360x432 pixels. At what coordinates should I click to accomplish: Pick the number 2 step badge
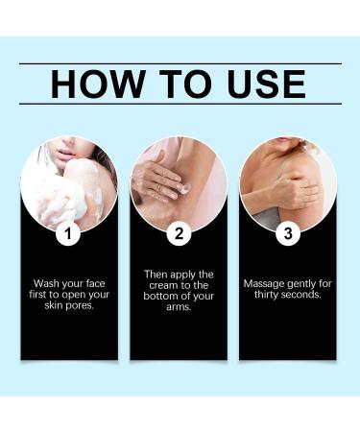pyautogui.click(x=178, y=233)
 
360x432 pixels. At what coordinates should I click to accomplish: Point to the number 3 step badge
pyautogui.click(x=287, y=233)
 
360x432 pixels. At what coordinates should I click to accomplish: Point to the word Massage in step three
pyautogui.click(x=263, y=284)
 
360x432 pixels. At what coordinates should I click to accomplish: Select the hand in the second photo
pyautogui.click(x=159, y=178)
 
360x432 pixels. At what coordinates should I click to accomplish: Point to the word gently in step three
pyautogui.click(x=305, y=284)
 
